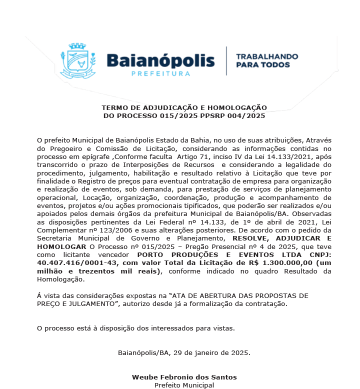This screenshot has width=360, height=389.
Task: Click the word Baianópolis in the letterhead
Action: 160,60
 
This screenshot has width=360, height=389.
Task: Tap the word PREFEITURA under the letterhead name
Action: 160,73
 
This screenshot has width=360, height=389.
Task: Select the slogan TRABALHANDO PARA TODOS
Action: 266,60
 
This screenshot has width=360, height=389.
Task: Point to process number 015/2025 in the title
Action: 164,116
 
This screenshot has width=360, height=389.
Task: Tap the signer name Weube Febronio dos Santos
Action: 184,377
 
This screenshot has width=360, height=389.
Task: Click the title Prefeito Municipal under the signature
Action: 184,385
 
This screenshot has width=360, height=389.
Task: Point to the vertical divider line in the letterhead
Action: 226,61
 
